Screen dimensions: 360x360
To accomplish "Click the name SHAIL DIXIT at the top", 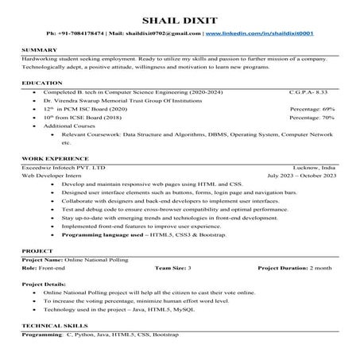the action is [180, 19].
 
